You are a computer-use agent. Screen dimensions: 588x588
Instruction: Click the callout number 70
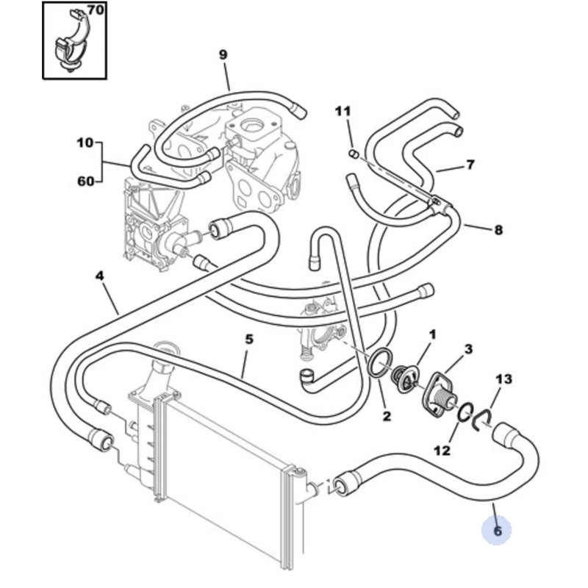click(x=96, y=10)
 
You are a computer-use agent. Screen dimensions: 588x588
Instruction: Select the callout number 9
click(x=223, y=54)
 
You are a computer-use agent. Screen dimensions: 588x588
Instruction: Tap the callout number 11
click(x=343, y=111)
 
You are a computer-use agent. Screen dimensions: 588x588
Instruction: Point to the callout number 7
click(x=470, y=164)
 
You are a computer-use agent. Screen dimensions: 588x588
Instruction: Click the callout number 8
click(x=498, y=229)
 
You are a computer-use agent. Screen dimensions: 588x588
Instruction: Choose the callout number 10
click(x=85, y=143)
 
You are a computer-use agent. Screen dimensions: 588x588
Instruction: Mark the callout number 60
click(x=85, y=182)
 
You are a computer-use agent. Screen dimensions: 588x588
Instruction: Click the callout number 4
click(x=99, y=276)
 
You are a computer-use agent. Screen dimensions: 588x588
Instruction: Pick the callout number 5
click(x=249, y=340)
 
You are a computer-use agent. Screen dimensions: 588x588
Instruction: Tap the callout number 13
click(x=504, y=379)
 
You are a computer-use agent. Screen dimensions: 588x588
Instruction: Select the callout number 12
click(x=442, y=451)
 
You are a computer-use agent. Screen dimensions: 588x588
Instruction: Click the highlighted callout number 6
click(x=498, y=531)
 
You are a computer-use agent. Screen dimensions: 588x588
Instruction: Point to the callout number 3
click(x=468, y=350)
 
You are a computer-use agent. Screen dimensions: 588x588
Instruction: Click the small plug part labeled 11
click(x=354, y=154)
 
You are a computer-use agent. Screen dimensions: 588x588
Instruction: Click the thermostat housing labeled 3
click(x=439, y=394)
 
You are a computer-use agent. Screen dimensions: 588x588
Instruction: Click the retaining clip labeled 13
click(x=482, y=420)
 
